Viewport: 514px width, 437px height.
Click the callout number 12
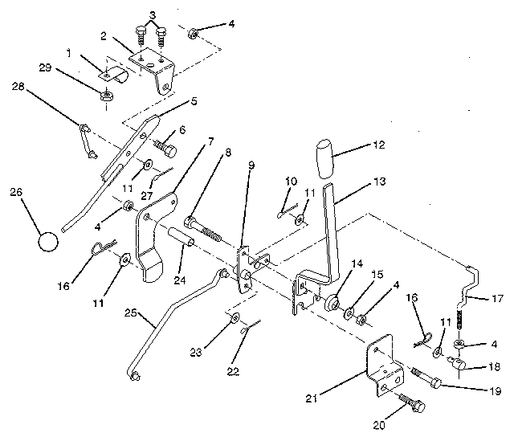378,145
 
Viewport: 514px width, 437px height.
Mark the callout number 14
356,263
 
